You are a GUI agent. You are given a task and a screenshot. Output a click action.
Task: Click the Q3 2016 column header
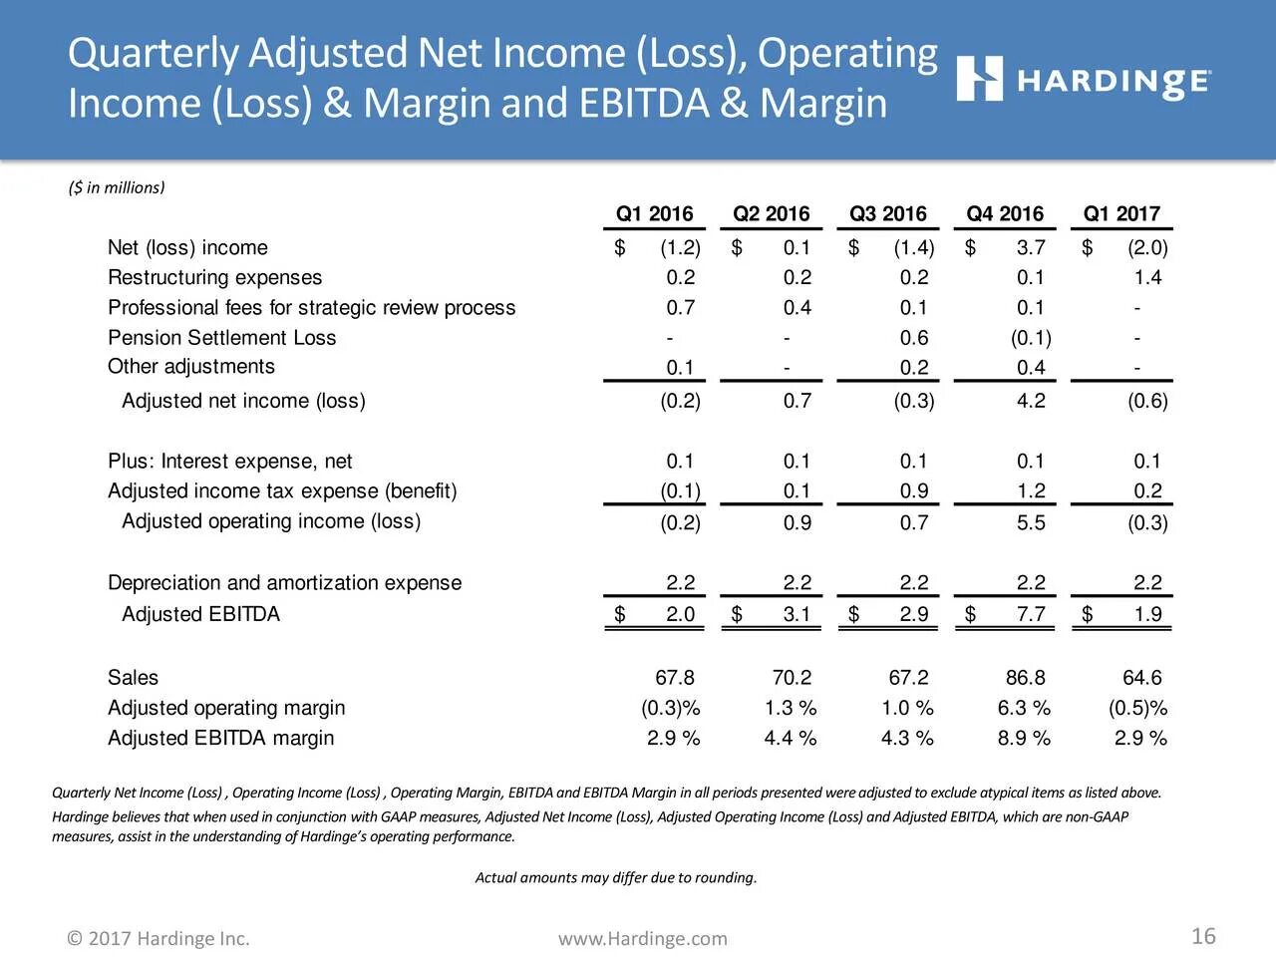coord(887,214)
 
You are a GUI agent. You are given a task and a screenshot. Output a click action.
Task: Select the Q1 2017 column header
coord(1121,214)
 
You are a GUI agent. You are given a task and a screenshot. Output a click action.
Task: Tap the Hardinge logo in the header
coord(1084,79)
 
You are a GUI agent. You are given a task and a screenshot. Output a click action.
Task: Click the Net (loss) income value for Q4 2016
coord(1031,248)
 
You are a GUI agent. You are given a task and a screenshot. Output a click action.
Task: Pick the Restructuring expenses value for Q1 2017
coord(1147,278)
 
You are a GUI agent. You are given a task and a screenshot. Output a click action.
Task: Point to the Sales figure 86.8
coord(1025,678)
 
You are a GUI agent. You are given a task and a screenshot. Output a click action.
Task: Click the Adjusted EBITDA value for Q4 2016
coord(1031,614)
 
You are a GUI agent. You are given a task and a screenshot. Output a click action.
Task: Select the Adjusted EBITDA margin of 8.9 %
coord(1024,739)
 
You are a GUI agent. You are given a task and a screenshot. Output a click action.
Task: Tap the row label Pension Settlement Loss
coord(221,338)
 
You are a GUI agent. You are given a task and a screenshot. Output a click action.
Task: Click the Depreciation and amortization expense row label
coord(284,583)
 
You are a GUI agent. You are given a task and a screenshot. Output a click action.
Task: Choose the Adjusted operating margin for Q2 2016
coord(791,708)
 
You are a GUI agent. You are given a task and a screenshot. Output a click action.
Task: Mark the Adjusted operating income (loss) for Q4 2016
coord(1031,522)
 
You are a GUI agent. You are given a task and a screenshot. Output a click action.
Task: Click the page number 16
coord(1203,936)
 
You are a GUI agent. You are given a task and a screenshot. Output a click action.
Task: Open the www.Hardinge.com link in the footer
coord(643,939)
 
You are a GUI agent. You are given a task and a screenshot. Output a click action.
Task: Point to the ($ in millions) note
coord(117,187)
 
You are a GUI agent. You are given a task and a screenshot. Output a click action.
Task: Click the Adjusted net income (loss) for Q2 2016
coord(797,401)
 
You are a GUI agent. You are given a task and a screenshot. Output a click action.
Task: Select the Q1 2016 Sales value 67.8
coord(675,678)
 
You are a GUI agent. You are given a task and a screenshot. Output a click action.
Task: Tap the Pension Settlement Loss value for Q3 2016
coord(913,338)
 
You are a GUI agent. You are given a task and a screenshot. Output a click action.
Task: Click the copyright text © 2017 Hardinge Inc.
coord(159,939)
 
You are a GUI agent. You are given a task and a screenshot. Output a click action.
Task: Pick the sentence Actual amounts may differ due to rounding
coord(616,878)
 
